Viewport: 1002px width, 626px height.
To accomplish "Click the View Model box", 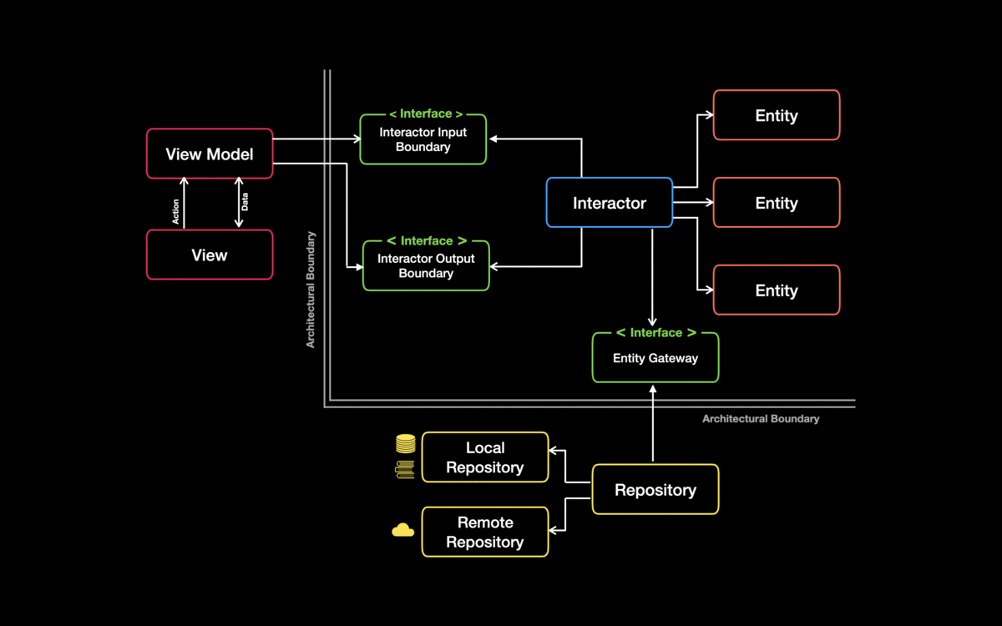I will pos(210,154).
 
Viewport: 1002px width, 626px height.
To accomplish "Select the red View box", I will pos(210,255).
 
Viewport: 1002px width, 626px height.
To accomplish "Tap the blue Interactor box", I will pos(609,203).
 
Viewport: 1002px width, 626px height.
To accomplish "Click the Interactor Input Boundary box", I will pos(423,140).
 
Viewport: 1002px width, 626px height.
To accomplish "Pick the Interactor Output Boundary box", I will pos(425,266).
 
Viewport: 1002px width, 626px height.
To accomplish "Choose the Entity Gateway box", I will pos(655,359).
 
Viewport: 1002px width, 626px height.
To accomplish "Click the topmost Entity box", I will pos(777,115).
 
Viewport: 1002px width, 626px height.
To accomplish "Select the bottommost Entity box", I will pos(777,290).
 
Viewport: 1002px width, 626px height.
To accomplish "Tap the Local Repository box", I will pos(485,457).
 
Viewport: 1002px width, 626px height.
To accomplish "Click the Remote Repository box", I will pos(485,532).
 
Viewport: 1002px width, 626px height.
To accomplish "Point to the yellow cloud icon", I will pos(403,529).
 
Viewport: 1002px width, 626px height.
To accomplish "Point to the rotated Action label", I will pos(175,211).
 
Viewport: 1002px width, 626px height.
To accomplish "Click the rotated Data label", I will pos(245,202).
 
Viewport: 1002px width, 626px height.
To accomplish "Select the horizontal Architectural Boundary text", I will pos(761,419).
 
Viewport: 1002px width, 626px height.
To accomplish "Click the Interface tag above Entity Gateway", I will pos(655,333).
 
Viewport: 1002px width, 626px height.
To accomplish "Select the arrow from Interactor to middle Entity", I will pos(692,203).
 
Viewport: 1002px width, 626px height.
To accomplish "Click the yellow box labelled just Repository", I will pos(655,490).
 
